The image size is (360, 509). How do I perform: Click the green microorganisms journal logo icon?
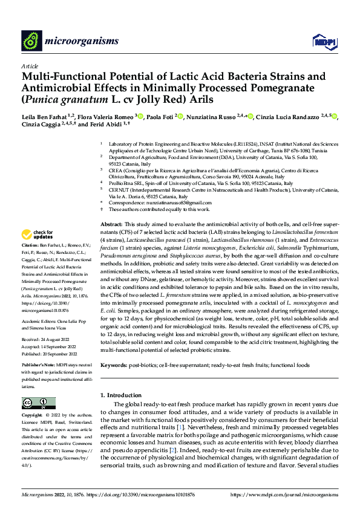coord(31,41)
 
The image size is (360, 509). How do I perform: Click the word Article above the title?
coord(30,66)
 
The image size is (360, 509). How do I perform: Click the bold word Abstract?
coord(111,224)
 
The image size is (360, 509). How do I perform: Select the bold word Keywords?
coord(114,366)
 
